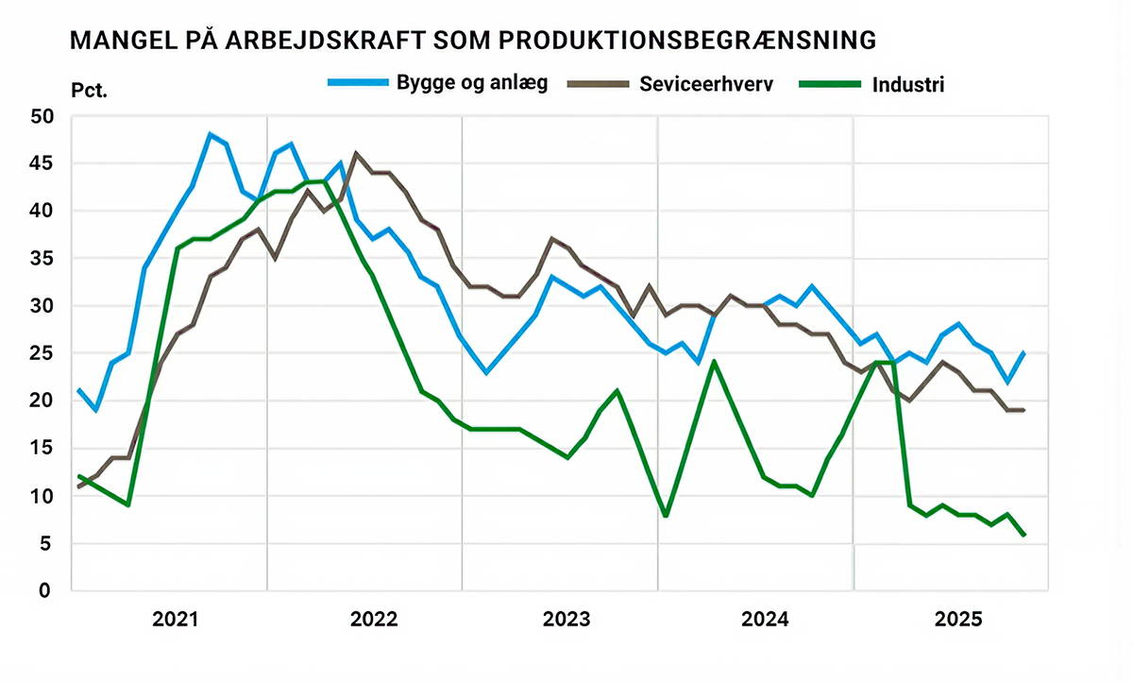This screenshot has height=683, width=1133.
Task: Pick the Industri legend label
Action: pyautogui.click(x=908, y=84)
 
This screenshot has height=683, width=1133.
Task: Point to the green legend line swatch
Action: pyautogui.click(x=831, y=84)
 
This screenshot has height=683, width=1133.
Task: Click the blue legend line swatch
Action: pyautogui.click(x=358, y=83)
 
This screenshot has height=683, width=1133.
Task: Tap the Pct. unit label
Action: pyautogui.click(x=90, y=92)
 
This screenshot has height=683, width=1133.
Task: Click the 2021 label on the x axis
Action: pyautogui.click(x=176, y=620)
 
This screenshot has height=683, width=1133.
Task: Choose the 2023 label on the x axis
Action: pyautogui.click(x=566, y=620)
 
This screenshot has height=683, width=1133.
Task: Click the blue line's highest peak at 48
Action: pyautogui.click(x=210, y=134)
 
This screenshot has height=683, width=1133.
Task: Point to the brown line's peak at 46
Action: pyautogui.click(x=356, y=153)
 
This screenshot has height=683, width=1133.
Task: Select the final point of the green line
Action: pyautogui.click(x=1024, y=535)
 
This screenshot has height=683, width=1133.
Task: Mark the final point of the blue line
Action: pyautogui.click(x=1024, y=353)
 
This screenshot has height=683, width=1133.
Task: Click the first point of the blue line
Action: pyautogui.click(x=79, y=390)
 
